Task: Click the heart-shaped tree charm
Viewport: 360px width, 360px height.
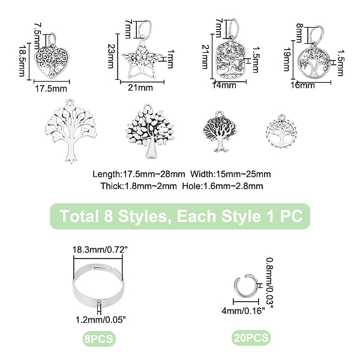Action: click(52, 62)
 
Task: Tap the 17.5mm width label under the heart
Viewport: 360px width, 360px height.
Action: click(51, 89)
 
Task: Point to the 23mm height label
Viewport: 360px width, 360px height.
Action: click(111, 56)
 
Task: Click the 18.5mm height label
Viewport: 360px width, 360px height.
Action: click(22, 61)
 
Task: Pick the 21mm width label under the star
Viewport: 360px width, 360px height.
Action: click(140, 88)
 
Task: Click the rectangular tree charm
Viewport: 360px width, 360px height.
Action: click(230, 59)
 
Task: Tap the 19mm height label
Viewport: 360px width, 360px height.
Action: click(287, 59)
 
